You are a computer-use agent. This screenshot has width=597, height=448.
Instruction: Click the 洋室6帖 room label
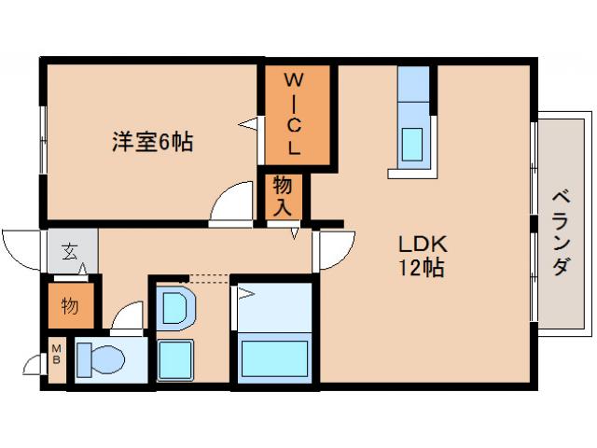click(153, 143)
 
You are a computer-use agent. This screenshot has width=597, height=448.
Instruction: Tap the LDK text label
click(423, 245)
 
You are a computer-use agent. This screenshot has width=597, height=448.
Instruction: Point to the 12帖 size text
click(423, 270)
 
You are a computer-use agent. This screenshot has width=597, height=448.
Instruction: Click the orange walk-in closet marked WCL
click(295, 114)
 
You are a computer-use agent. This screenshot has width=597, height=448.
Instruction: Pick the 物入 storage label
click(283, 196)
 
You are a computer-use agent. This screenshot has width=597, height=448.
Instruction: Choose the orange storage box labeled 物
click(70, 305)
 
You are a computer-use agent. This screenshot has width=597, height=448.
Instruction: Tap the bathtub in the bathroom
click(275, 358)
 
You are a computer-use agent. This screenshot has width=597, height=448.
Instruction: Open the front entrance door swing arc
click(22, 249)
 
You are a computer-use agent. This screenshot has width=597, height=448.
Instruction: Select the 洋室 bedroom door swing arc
click(231, 203)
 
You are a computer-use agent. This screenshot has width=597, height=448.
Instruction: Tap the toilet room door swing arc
click(128, 317)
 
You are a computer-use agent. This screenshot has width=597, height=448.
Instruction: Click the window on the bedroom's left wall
click(43, 138)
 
